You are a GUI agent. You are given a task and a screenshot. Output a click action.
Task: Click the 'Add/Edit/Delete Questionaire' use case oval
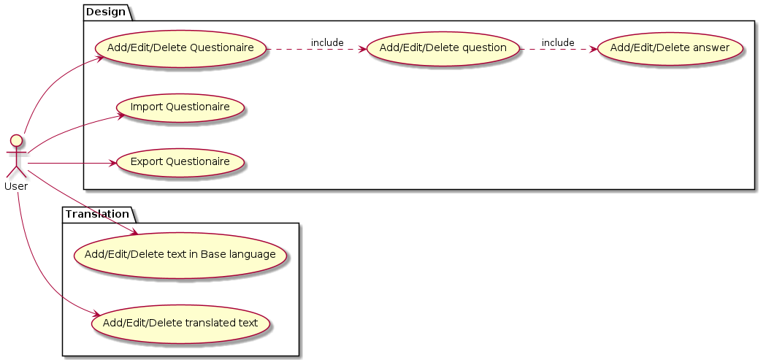coord(180,49)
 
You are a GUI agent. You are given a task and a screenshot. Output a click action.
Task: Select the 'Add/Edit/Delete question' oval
coord(443,49)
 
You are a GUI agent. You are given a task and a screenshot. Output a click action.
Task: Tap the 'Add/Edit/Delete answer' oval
coord(670,49)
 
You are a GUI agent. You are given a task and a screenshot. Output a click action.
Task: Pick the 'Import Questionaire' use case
coord(180,107)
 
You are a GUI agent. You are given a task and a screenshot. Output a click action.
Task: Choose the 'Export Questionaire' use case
coord(180,162)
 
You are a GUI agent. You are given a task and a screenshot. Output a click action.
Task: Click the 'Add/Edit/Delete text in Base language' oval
coord(180,255)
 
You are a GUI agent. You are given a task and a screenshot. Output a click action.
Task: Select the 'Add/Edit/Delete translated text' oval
coord(180,323)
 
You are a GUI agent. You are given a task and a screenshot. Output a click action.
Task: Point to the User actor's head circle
coord(16,140)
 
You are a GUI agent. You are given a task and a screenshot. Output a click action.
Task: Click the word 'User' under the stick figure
coord(16,186)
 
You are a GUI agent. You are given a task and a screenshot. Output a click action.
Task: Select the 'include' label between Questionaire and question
coord(326,43)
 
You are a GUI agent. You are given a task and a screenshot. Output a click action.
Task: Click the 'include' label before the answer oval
coord(557,43)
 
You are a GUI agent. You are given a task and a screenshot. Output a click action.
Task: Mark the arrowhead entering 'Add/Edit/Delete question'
coord(362,49)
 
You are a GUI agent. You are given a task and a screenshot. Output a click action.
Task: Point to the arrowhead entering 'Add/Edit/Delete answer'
coord(593,49)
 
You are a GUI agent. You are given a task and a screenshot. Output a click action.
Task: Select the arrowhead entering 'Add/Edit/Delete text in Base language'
coord(136,233)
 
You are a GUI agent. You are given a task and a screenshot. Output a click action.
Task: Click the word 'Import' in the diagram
coord(145,107)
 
